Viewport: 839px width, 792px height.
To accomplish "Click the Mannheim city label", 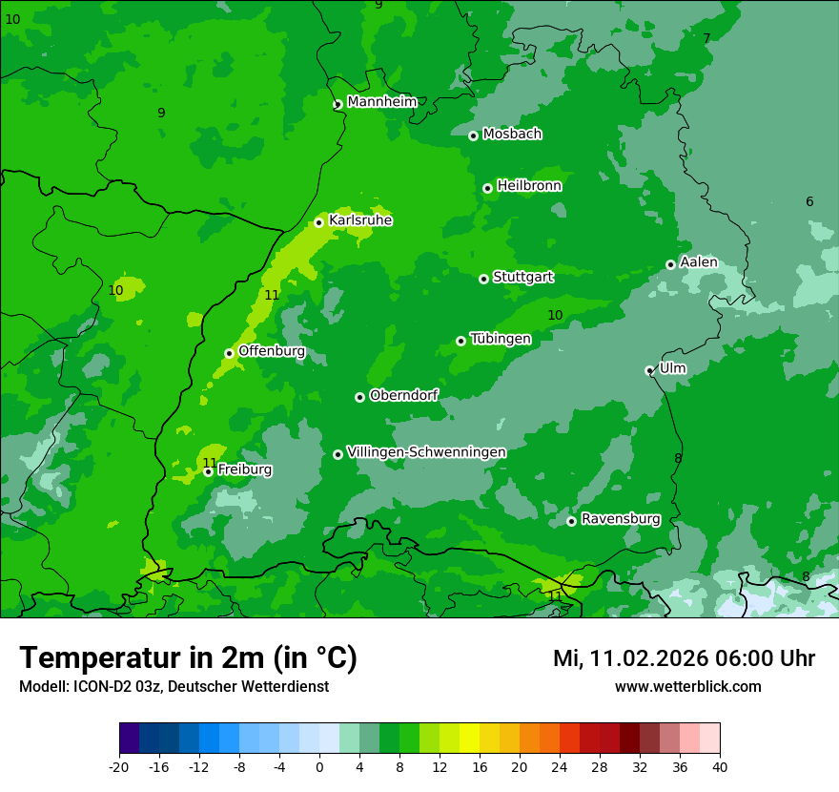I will tap(381, 102).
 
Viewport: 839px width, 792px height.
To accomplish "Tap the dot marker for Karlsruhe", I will tap(319, 222).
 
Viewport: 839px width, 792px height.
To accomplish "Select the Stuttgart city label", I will tap(522, 277).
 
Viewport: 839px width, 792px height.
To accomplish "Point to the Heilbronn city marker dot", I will tap(487, 188).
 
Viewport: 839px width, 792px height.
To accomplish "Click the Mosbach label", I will tap(512, 135).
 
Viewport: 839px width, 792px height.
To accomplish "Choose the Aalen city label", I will tap(698, 262).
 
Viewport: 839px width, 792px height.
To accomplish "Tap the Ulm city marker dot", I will tap(650, 370).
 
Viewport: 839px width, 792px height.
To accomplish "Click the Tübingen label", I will tap(501, 339).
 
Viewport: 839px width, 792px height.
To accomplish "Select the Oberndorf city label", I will tap(403, 395).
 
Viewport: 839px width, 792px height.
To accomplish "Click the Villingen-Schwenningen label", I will tap(426, 452).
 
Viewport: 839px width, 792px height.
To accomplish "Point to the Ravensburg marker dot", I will tap(571, 521).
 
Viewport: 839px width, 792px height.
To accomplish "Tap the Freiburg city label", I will tap(244, 469).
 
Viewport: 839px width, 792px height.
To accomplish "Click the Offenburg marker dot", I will tap(229, 353).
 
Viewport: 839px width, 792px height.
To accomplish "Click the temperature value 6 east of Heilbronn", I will tap(809, 201).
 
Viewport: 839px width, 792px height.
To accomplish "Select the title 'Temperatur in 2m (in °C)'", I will tap(188, 658).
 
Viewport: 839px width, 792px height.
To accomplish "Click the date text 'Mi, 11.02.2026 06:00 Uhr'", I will tap(684, 658).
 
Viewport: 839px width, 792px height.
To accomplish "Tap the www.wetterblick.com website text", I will tap(687, 686).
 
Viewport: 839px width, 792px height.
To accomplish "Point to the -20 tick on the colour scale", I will tap(119, 766).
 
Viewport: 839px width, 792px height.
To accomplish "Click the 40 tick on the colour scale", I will tap(720, 766).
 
